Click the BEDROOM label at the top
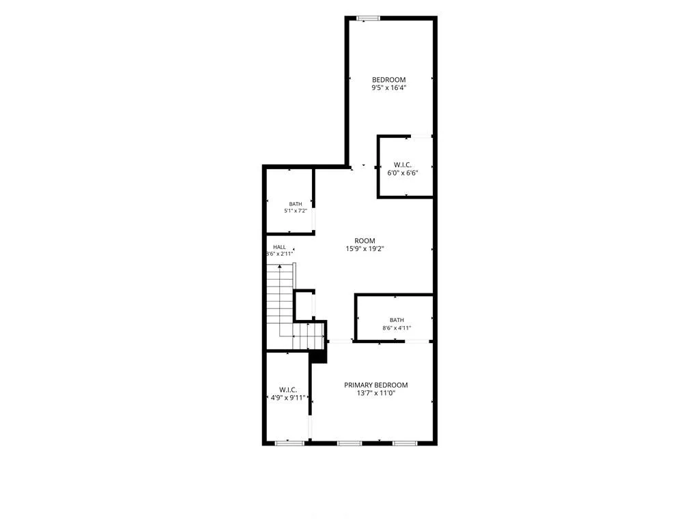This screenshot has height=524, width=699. (388, 80)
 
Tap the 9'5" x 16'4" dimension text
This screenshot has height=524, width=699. (388, 88)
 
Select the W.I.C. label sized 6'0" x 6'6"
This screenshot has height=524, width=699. (403, 165)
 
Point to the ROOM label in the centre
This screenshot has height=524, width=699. (365, 241)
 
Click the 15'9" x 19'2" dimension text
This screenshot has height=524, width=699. (365, 249)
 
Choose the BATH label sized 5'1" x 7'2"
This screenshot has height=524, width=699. (295, 204)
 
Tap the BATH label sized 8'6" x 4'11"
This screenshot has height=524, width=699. (397, 320)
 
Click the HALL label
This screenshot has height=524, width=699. (279, 247)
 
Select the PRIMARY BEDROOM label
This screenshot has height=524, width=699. (376, 385)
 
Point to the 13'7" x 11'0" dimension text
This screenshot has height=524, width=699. (376, 394)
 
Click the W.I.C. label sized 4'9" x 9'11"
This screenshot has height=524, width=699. (288, 390)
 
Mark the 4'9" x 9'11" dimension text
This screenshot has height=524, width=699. (288, 398)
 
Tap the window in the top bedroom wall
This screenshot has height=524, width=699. (368, 18)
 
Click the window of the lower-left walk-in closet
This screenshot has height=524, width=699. (289, 443)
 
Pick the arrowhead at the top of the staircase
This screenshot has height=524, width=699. (280, 267)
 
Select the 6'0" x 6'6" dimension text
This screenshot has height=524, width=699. (403, 173)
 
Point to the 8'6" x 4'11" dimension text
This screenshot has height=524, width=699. (397, 328)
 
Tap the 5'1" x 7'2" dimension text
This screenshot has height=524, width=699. (295, 211)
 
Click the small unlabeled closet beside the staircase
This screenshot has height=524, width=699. (304, 306)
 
